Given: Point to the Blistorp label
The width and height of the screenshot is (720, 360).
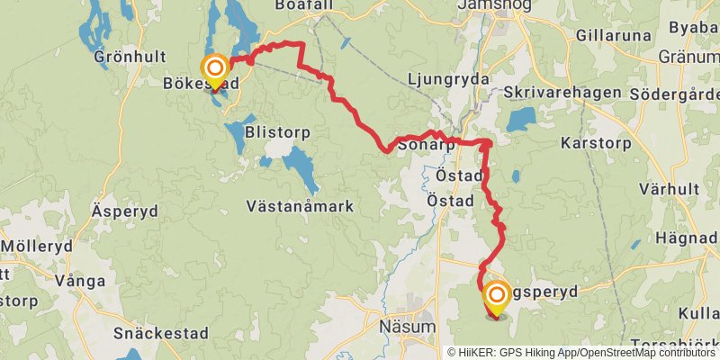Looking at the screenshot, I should [277, 132].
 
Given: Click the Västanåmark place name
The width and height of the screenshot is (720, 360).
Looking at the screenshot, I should [300, 206].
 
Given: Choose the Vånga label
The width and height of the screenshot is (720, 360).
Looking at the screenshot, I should [80, 281].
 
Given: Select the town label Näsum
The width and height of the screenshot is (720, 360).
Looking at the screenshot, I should [407, 326].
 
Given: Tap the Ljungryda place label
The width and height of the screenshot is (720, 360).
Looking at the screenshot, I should [448, 79].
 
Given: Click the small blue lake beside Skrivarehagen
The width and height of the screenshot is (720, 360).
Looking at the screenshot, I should [520, 120].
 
